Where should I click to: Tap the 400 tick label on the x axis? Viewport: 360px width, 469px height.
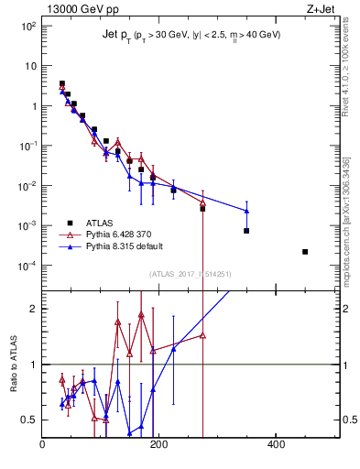tap(275, 445)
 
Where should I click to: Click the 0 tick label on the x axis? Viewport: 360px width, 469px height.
tap(42, 445)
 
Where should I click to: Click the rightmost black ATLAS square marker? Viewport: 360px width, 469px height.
tap(305, 252)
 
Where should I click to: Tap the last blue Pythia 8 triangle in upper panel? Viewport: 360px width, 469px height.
tap(246, 212)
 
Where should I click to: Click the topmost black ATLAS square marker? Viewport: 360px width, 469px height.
tap(62, 83)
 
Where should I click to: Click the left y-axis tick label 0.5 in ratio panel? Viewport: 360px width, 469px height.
tap(30, 420)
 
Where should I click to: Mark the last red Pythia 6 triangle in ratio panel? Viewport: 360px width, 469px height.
tap(202, 335)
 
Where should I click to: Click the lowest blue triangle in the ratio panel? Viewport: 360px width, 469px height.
tap(130, 432)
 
